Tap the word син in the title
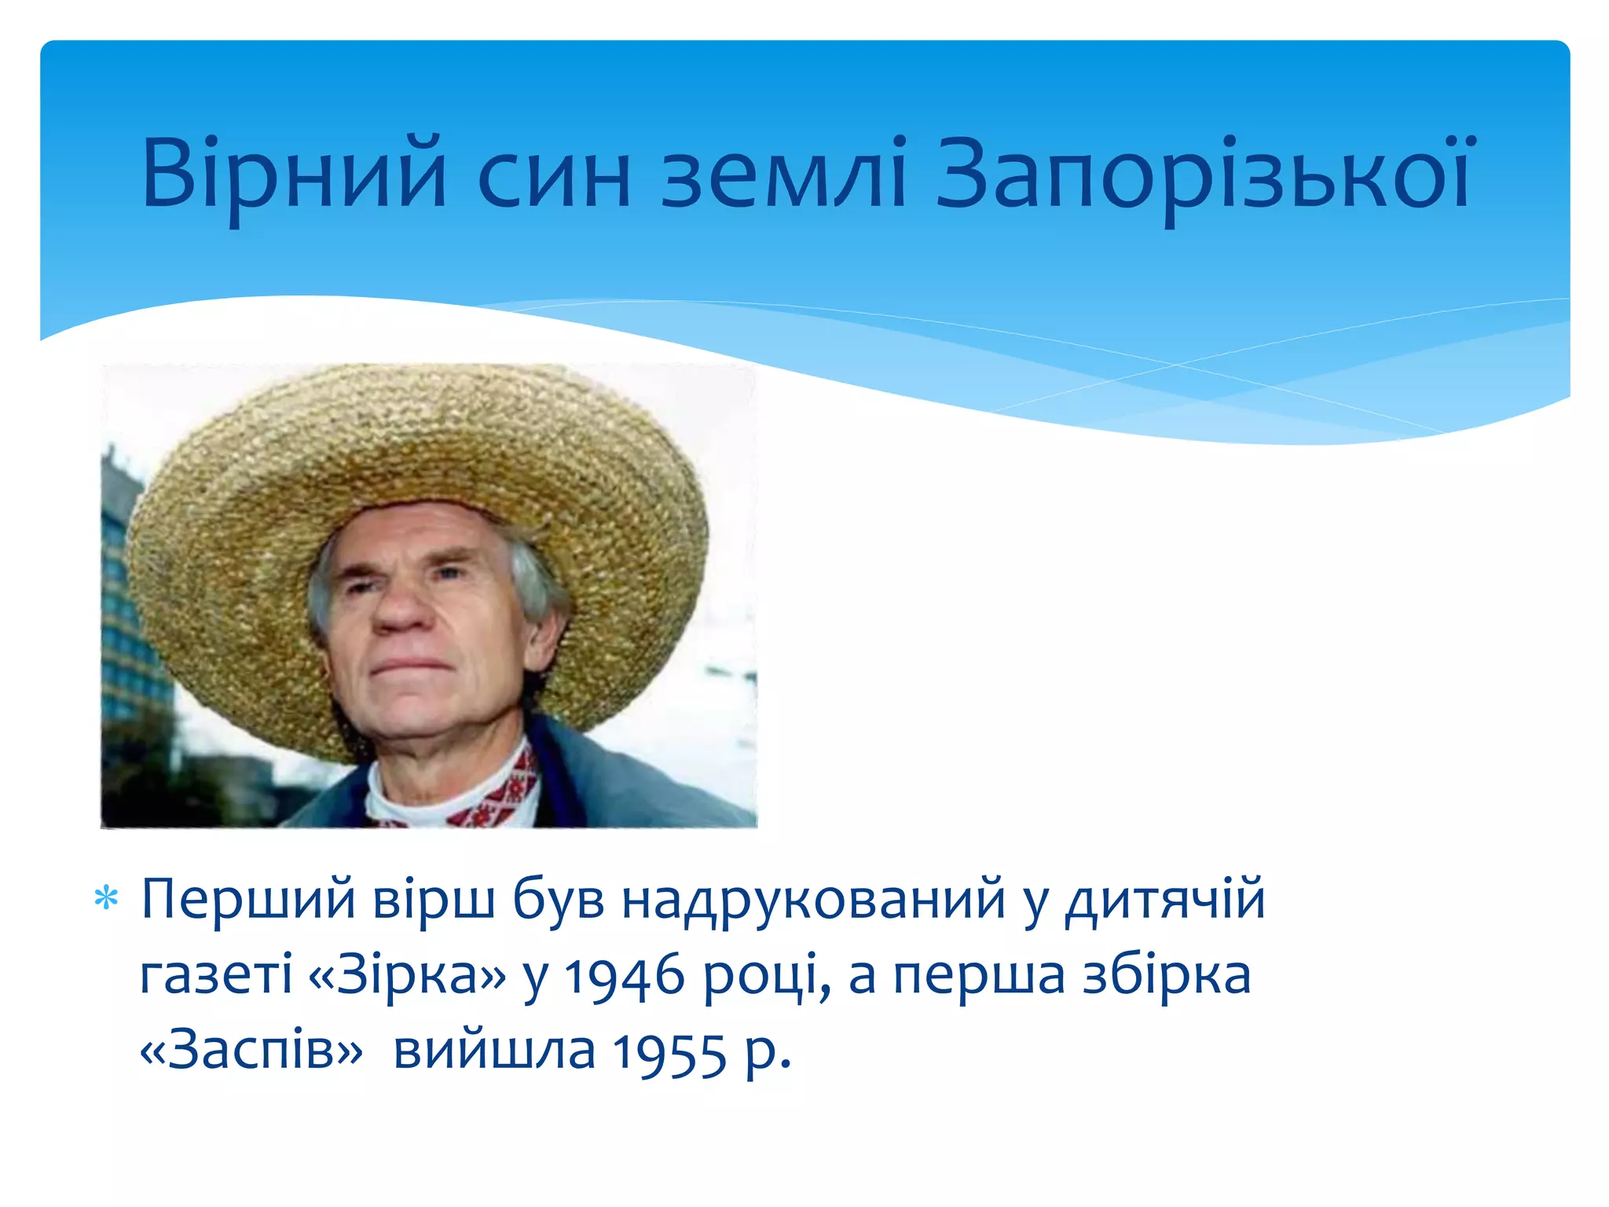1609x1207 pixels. [x=553, y=174]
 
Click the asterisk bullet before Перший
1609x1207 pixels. [x=106, y=898]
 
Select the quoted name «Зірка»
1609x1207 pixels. [x=409, y=974]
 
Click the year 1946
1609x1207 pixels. [x=625, y=976]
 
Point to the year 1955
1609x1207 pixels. [x=669, y=1052]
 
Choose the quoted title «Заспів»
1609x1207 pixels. [x=251, y=1051]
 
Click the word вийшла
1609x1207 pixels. [x=494, y=1051]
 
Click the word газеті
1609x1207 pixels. [x=216, y=974]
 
